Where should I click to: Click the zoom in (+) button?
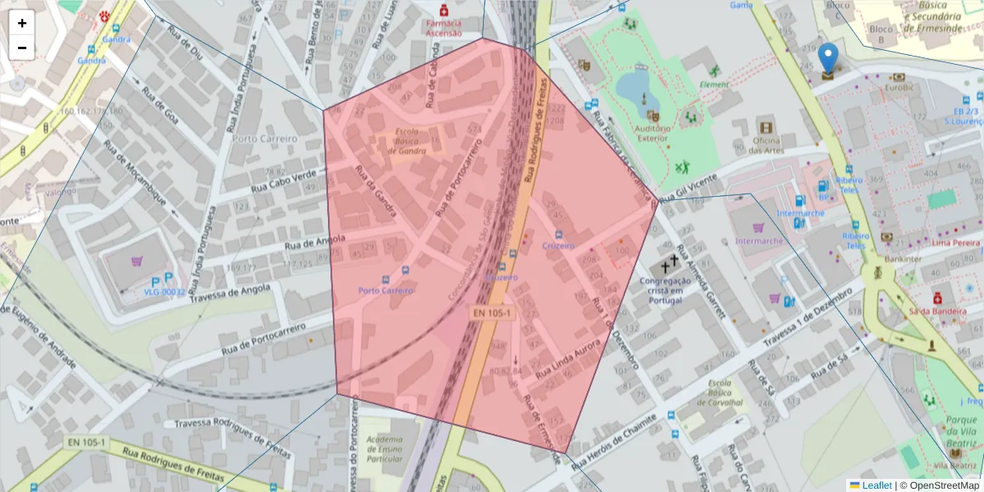tap(22, 23)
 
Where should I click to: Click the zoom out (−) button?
tap(22, 48)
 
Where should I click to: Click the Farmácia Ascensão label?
tap(444, 28)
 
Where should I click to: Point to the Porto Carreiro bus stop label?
tap(385, 290)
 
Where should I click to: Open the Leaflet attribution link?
tap(877, 485)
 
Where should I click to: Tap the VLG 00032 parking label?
tap(164, 291)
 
